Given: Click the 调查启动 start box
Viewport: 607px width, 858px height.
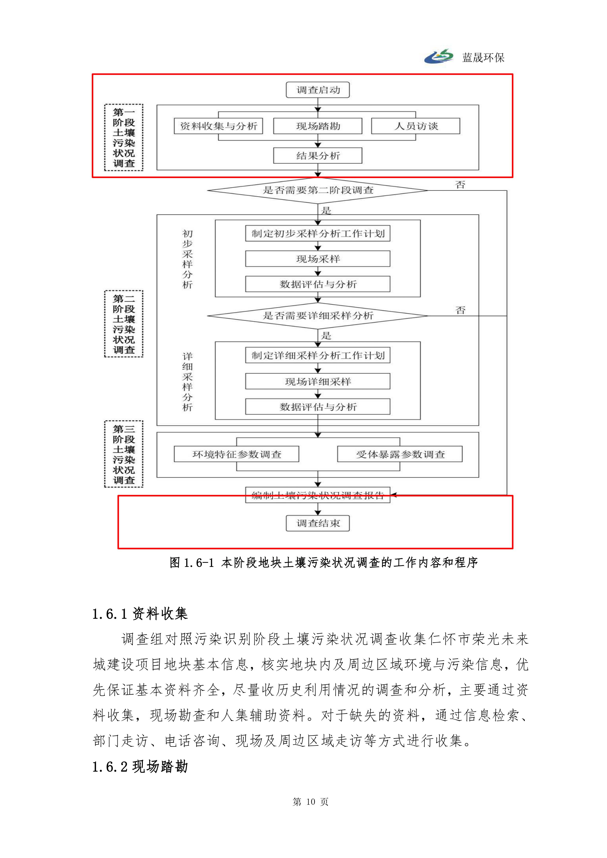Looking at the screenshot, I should click(318, 90).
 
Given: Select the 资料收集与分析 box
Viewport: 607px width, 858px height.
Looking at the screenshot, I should click(219, 126).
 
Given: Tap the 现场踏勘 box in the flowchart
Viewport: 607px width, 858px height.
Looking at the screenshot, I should click(318, 126).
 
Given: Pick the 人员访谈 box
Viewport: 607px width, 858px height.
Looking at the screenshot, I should click(416, 126).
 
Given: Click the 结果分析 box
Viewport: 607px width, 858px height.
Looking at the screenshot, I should click(318, 156).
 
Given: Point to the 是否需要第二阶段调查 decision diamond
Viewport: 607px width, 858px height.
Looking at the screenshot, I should click(318, 190).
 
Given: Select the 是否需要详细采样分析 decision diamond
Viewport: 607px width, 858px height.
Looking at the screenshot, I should click(318, 316).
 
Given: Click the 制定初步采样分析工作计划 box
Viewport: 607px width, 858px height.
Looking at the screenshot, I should click(318, 234).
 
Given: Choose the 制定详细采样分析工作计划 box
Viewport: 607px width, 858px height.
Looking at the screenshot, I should click(318, 355).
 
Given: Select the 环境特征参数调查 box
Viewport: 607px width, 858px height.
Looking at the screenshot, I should click(237, 454).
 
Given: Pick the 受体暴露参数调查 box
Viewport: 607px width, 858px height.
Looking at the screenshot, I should click(400, 454).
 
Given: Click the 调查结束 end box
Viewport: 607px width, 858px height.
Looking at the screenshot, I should click(318, 523).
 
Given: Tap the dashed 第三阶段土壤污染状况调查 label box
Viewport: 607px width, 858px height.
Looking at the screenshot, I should click(124, 454).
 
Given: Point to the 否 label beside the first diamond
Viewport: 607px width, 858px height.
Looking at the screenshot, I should click(460, 185).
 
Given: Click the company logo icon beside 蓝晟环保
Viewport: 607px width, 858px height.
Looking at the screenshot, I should click(439, 56).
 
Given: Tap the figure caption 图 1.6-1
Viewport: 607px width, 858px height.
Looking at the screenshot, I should click(324, 562).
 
